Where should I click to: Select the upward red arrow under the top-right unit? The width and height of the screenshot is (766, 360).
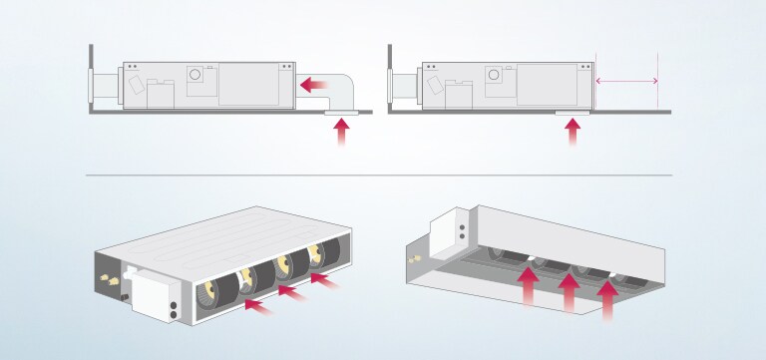(x=572, y=134)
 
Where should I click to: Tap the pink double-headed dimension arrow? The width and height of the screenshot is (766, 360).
(x=626, y=81)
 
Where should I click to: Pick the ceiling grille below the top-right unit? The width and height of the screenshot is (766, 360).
(x=572, y=115)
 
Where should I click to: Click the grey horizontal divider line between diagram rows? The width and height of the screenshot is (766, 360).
(x=379, y=176)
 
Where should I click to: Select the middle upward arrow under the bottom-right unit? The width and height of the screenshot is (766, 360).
(x=569, y=292)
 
